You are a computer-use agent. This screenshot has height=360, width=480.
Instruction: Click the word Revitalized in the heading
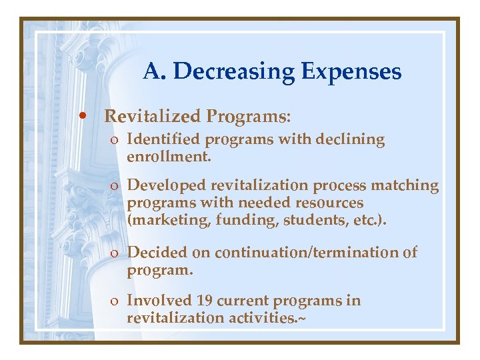(153, 117)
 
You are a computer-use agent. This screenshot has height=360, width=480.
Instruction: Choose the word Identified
(163, 139)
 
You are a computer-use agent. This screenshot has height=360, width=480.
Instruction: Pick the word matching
(408, 185)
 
